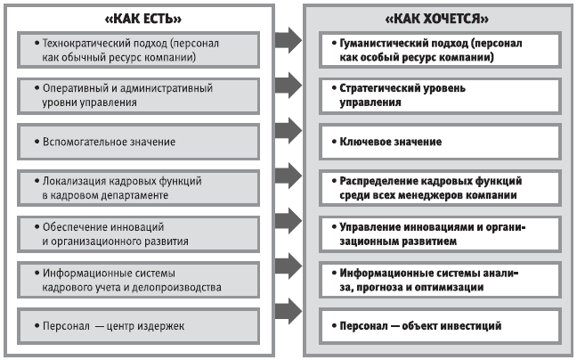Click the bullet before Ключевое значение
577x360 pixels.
[x=331, y=142]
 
